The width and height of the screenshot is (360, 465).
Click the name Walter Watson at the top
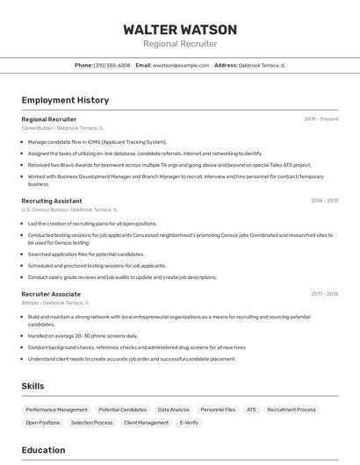[179, 29]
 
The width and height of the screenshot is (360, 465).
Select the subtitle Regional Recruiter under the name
[179, 44]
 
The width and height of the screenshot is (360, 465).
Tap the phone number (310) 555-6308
[112, 65]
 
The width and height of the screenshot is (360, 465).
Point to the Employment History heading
[65, 100]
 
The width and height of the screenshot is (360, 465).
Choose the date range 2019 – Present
[321, 118]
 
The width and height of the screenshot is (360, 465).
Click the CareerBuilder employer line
[62, 128]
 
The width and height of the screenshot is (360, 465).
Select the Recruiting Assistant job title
[52, 200]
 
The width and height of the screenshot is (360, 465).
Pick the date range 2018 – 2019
[324, 200]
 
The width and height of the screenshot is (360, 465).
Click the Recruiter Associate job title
[51, 294]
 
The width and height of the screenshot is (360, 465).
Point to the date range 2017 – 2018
[324, 294]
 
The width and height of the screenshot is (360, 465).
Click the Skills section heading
[32, 386]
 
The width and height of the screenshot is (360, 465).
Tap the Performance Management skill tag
[56, 410]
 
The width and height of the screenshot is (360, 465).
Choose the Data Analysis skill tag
[173, 410]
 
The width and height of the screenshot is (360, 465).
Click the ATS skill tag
[251, 410]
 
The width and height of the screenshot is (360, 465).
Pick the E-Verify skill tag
[189, 423]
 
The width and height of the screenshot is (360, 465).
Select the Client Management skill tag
[146, 423]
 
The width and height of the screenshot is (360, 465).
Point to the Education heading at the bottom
[43, 450]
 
